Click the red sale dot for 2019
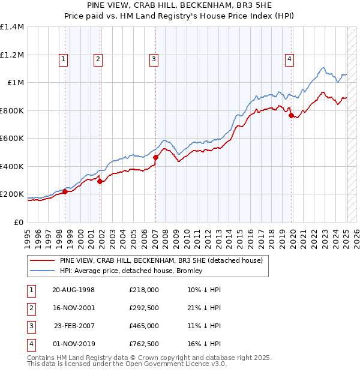click(x=291, y=116)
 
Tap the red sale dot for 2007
click(x=155, y=157)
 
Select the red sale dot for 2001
click(x=100, y=181)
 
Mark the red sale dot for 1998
click(x=65, y=192)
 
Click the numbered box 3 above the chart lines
click(x=154, y=59)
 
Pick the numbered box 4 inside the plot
click(x=289, y=59)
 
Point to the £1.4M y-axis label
click(x=12, y=27)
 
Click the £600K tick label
click(x=12, y=139)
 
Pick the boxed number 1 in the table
click(x=31, y=289)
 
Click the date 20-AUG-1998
click(x=74, y=289)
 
